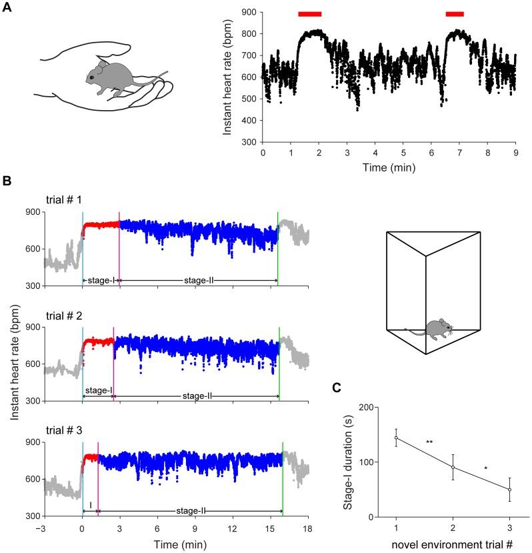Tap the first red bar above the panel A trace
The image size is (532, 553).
[x=309, y=13]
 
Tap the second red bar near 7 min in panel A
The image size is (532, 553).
[x=455, y=13]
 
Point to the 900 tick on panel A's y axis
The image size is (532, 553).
[x=250, y=12]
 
